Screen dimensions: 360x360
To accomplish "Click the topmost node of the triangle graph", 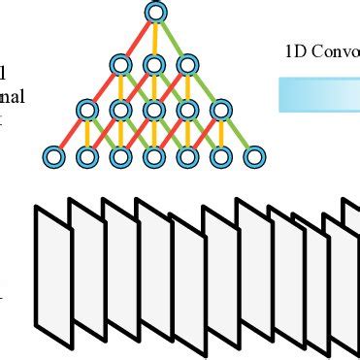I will (153, 13).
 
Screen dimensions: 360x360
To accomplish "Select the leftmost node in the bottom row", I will (52, 155).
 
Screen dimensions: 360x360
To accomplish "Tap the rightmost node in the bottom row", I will (254, 155).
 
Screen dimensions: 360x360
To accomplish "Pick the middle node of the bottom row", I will (153, 155).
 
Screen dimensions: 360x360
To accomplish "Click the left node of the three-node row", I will (120, 65).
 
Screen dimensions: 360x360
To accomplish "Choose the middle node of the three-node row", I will (153, 65).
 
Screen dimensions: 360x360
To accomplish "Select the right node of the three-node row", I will (187, 65).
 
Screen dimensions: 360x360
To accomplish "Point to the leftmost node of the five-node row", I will (86, 110).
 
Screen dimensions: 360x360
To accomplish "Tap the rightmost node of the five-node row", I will (220, 110).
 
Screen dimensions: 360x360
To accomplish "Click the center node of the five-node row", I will (153, 110).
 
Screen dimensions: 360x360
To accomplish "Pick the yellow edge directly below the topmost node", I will (153, 39).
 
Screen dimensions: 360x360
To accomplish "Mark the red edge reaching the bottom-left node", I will (69, 133).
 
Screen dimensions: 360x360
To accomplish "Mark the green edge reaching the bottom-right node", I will (238, 133).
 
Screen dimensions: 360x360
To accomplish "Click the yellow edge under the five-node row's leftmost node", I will (86, 133).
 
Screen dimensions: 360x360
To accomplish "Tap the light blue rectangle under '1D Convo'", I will (320, 94).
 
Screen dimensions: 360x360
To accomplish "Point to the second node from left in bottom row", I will (86, 155).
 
